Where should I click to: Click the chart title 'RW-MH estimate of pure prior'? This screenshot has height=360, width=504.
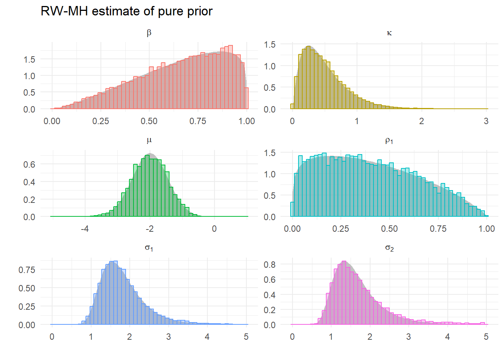click(x=126, y=11)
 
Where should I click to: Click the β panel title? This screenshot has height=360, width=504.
click(x=149, y=33)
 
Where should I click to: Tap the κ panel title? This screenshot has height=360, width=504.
click(x=389, y=33)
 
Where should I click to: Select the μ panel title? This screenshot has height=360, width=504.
click(x=149, y=141)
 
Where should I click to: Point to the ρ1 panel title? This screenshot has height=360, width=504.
click(x=389, y=141)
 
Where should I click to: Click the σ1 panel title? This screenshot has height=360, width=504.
click(x=149, y=248)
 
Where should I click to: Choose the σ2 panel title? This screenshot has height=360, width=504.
click(x=389, y=248)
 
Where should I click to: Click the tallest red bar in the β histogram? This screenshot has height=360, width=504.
click(x=230, y=77)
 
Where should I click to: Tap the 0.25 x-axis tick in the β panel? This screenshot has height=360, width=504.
click(x=100, y=121)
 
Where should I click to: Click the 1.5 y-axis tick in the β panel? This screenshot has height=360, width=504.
click(x=29, y=59)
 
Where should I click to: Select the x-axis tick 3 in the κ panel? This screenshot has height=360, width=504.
click(x=486, y=121)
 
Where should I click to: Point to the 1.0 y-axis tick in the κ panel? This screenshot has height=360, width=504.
click(x=270, y=66)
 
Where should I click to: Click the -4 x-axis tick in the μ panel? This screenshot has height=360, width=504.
click(x=85, y=229)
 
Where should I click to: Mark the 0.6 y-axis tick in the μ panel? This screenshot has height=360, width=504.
click(x=29, y=164)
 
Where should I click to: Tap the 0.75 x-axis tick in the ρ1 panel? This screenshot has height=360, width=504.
click(x=438, y=229)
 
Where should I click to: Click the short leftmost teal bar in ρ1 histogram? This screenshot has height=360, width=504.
click(x=292, y=209)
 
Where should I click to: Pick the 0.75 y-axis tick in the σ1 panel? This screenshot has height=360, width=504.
click(x=27, y=270)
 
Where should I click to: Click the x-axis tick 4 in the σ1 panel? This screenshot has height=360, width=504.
click(x=207, y=337)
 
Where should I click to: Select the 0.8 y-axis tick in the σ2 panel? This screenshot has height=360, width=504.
click(x=270, y=265)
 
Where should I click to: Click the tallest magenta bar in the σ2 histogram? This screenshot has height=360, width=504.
click(x=344, y=292)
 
